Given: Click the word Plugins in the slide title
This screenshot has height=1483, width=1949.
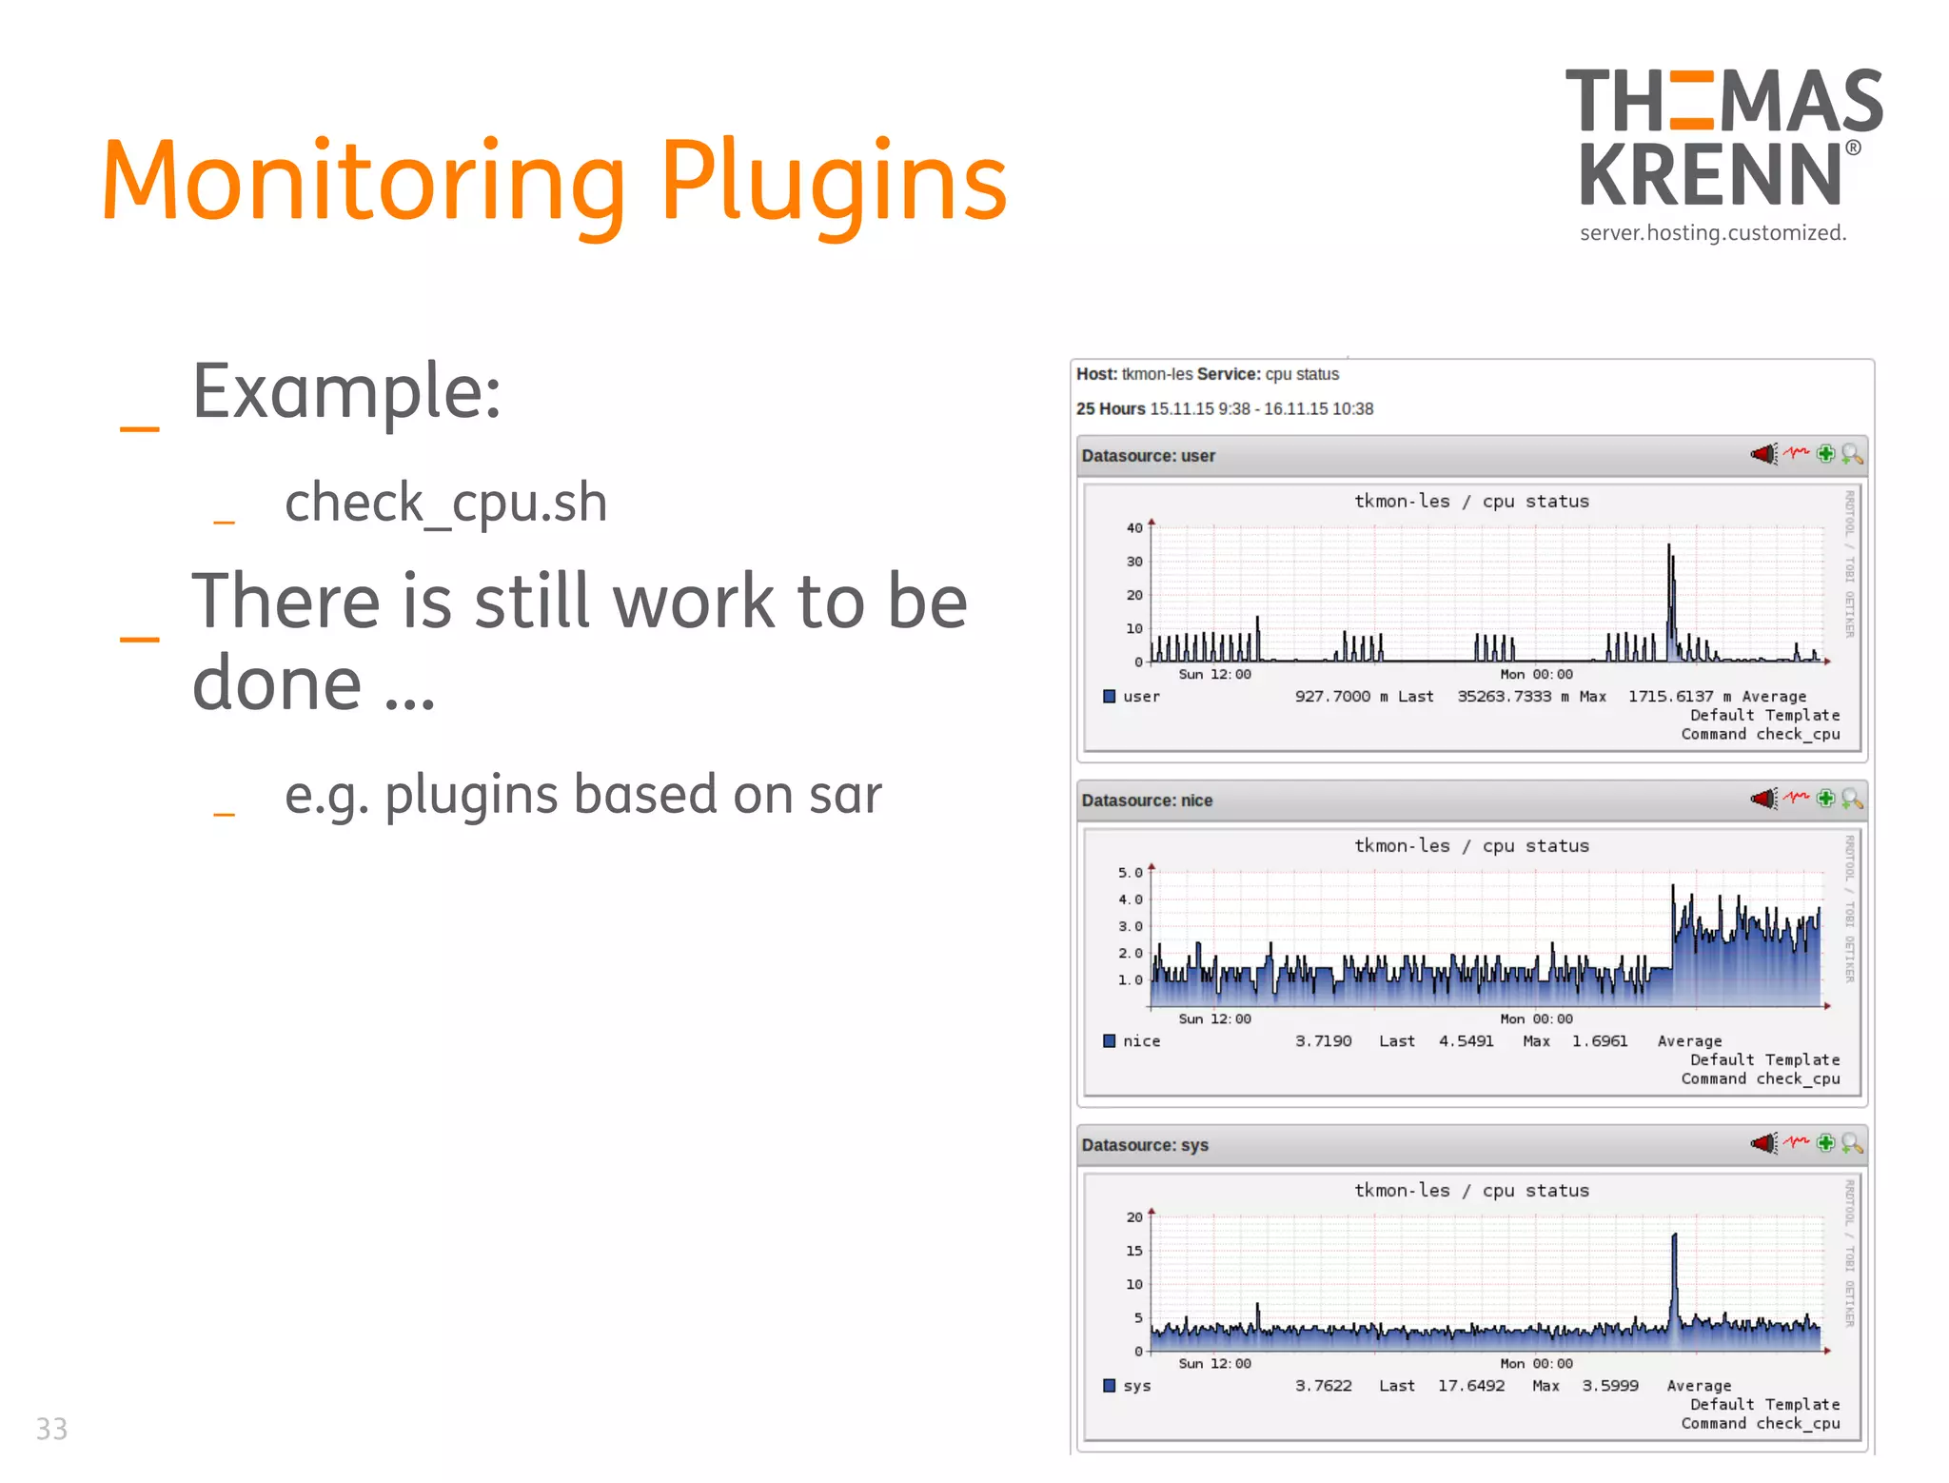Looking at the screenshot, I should coord(833,181).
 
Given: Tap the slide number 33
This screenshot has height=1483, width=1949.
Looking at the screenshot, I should coord(51,1429).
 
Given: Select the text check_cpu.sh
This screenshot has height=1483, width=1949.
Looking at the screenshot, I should coord(445,502).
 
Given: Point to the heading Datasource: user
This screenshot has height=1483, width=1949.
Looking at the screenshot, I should coord(1148,456).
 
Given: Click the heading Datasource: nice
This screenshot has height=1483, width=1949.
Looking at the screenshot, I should coord(1147,801).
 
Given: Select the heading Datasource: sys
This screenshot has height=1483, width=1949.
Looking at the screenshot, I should coord(1145,1145).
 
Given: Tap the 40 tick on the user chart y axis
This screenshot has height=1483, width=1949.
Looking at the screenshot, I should coord(1134,528).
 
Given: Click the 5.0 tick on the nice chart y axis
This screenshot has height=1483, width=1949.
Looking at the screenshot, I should coord(1130,873).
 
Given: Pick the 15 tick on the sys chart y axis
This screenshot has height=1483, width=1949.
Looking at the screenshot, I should coord(1134,1251).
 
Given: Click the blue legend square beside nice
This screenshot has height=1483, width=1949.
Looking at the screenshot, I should coord(1109,1040).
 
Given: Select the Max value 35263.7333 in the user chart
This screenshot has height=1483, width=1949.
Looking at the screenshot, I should coord(1504,697).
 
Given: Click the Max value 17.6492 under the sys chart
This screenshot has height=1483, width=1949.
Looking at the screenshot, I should coord(1470,1386).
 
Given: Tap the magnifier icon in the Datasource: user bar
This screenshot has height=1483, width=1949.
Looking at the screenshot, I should coord(1851,454).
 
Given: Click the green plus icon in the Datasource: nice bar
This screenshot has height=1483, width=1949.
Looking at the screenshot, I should coord(1825,799).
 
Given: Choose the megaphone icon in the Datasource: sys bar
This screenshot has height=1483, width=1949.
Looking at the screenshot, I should coord(1763,1143).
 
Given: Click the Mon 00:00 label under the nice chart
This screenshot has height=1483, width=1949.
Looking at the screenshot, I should coord(1536,1018).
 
